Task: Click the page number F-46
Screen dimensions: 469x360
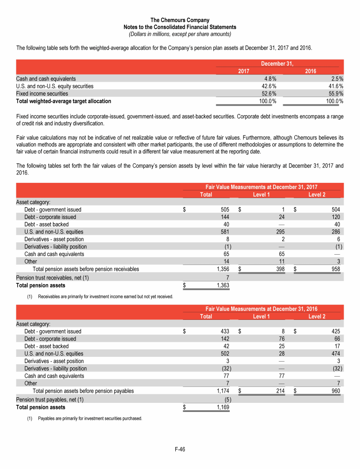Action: click(x=180, y=450)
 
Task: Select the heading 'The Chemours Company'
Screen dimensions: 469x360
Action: click(x=180, y=20)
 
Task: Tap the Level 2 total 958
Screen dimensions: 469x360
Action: click(x=336, y=269)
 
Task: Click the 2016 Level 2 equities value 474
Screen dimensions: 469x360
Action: click(x=336, y=353)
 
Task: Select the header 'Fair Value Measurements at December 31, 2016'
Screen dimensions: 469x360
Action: click(x=262, y=309)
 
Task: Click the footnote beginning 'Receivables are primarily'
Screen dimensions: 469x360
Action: click(x=105, y=296)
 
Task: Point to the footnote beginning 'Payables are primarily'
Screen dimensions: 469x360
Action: click(x=90, y=418)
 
